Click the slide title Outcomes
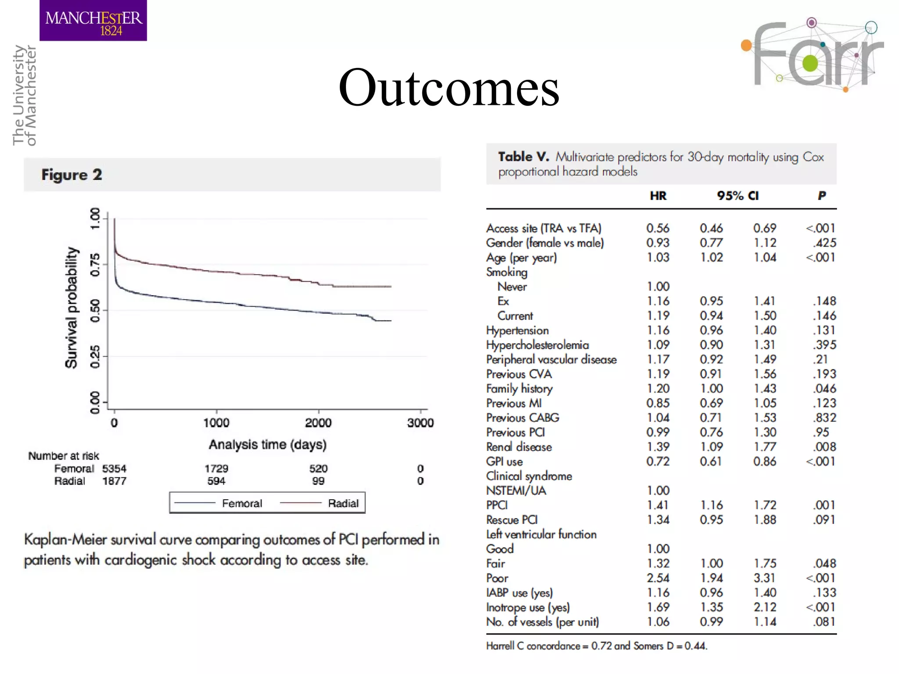pos(449,88)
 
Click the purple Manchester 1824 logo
pos(93,21)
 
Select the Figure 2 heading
pos(72,175)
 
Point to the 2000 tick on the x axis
pos(318,422)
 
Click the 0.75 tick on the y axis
pos(95,265)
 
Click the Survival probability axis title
pos(71,307)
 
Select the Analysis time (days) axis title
pos(267,445)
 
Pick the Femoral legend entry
pos(241,503)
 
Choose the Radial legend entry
pos(343,503)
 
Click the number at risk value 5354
pos(114,469)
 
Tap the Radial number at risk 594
pos(216,481)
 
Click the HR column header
pos(658,196)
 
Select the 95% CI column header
pos(737,196)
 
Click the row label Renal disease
pos(519,447)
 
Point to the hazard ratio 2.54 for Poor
pos(658,578)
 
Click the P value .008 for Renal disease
pos(824,447)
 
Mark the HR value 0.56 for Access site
pos(658,228)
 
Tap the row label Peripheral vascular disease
pos(551,359)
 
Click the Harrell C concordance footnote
pos(597,645)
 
